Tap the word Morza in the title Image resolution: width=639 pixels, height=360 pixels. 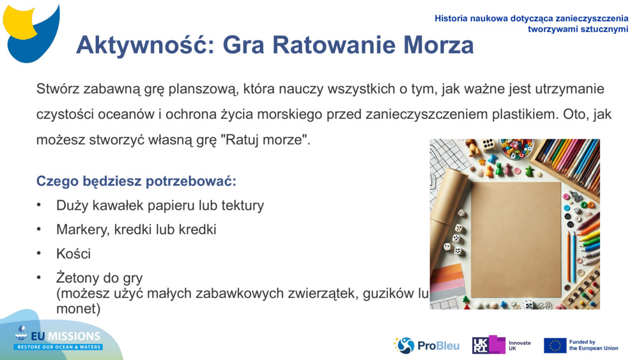439,45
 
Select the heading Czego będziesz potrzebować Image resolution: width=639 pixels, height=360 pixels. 136,181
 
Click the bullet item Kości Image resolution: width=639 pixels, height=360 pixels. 73,254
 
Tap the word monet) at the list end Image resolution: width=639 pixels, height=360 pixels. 79,309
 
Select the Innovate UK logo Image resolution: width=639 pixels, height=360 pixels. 501,345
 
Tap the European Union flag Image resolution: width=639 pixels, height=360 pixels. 555,345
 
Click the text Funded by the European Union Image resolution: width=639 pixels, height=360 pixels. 593,345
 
